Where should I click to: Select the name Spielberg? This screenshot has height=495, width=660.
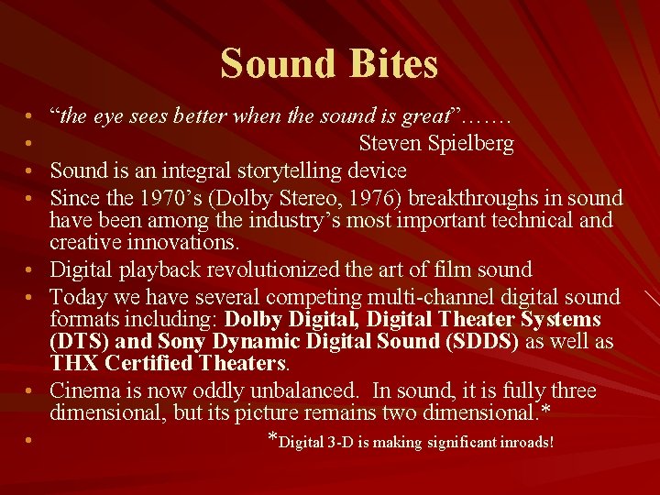coord(469,144)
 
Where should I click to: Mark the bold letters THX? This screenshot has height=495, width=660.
coord(72,363)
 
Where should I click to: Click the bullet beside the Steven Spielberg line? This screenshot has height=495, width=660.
coord(30,145)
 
